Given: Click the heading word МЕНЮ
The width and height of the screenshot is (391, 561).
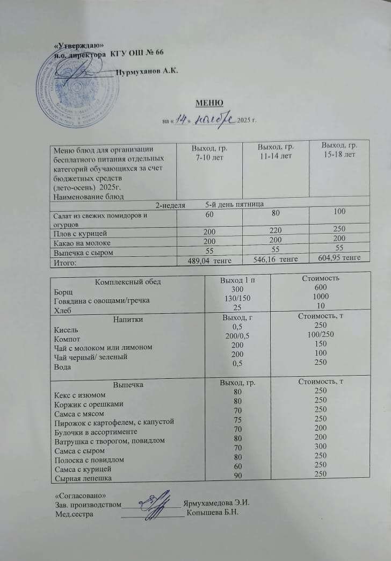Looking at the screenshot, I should (209, 103).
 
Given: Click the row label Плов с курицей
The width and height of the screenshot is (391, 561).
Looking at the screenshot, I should (81, 233).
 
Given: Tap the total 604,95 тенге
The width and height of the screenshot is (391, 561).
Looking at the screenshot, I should (343, 258).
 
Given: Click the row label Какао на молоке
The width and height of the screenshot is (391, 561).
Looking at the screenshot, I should (80, 242).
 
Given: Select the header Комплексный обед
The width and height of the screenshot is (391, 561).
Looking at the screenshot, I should (128, 282).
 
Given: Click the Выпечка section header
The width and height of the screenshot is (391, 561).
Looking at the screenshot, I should (128, 385).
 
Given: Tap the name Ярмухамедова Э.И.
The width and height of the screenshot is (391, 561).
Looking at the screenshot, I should (217, 503).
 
